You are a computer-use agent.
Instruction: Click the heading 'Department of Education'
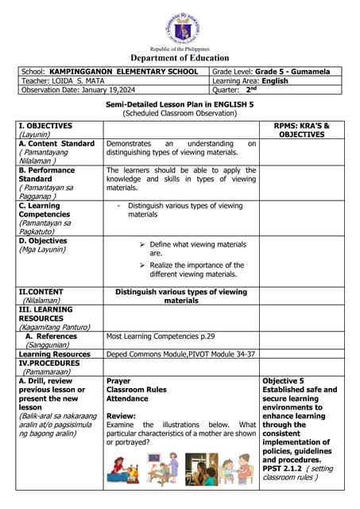180,57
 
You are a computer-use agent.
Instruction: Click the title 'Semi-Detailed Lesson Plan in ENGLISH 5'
180,105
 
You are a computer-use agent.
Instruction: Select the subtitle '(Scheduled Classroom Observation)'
180,114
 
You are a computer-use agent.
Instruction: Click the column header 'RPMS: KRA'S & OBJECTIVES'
301,130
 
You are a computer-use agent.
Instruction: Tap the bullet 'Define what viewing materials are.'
198,248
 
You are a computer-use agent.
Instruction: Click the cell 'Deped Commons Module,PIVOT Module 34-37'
180,354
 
